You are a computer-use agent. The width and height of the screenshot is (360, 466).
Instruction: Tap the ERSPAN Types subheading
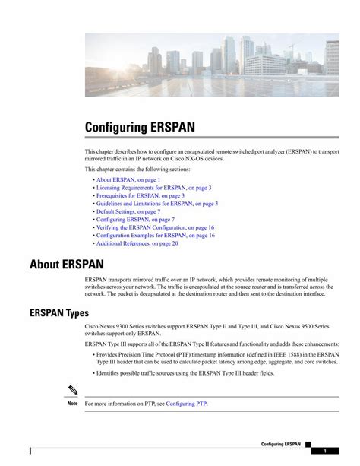[x=59, y=312]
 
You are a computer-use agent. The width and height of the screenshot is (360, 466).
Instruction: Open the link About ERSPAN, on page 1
[x=128, y=180]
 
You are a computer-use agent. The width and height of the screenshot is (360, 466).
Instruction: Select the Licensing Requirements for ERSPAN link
[x=153, y=188]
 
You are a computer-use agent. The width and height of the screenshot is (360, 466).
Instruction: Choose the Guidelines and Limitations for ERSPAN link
[x=157, y=204]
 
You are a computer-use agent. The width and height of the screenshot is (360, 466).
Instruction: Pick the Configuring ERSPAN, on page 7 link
[x=135, y=220]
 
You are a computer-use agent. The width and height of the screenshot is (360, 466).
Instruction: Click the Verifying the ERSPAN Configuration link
[x=155, y=227]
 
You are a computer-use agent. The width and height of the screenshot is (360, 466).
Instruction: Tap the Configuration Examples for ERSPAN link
[x=155, y=236]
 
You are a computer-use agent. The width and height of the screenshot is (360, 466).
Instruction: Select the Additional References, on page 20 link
[x=137, y=244]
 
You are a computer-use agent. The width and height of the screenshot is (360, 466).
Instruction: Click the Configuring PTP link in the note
[x=186, y=404]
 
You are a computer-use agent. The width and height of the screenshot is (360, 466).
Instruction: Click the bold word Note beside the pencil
[x=72, y=404]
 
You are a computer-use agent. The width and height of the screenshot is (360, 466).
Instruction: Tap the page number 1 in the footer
[x=324, y=451]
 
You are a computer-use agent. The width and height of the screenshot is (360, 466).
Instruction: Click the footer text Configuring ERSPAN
[x=281, y=443]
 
